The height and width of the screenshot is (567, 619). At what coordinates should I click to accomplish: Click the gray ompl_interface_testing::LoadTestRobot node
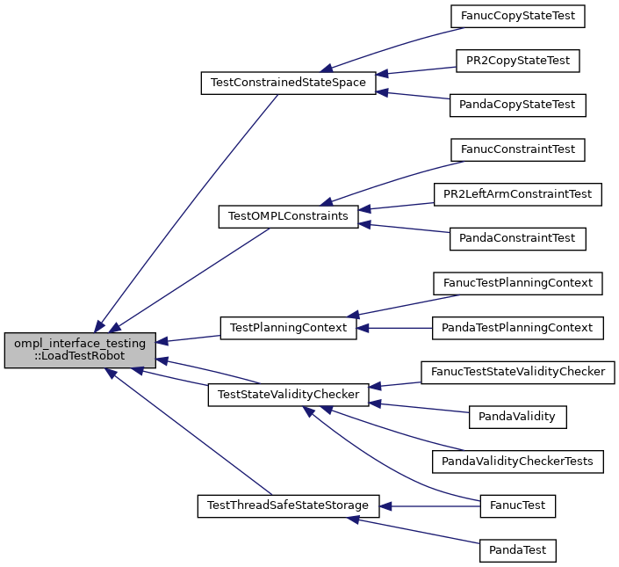coord(80,350)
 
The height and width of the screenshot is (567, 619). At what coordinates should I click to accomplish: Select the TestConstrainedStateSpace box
coord(289,84)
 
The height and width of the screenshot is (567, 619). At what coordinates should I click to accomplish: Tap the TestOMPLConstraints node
coord(288,216)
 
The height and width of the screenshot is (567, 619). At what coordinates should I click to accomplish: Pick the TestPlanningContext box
coord(288,328)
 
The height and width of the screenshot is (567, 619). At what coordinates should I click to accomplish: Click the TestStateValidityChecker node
coord(288,395)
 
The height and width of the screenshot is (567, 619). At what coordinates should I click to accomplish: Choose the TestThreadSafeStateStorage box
coord(288,505)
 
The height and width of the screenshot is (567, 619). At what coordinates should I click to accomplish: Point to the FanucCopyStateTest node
coord(517,16)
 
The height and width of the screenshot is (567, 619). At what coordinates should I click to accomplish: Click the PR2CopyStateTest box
coord(517,61)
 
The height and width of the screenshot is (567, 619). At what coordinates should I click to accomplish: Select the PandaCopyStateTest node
coord(517,105)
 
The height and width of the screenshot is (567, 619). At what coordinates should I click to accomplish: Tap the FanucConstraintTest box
coord(517,149)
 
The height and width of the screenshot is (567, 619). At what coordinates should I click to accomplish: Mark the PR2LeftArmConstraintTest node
coord(517,193)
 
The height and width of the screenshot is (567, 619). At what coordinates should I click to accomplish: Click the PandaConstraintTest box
coord(517,238)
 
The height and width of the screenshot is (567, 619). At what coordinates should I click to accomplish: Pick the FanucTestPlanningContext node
coord(517,283)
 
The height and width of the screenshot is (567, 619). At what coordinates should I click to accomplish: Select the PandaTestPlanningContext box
coord(517,328)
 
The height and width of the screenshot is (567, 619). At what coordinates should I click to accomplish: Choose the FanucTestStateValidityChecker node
coord(517,372)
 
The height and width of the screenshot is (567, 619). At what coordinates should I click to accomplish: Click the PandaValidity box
coord(517,417)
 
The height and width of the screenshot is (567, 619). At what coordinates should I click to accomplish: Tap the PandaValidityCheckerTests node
coord(517,462)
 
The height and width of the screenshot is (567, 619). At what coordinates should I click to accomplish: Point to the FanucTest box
coord(517,505)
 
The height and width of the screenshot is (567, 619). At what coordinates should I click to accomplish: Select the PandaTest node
coord(517,550)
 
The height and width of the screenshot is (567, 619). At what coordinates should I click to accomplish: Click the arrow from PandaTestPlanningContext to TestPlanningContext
coord(395,328)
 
